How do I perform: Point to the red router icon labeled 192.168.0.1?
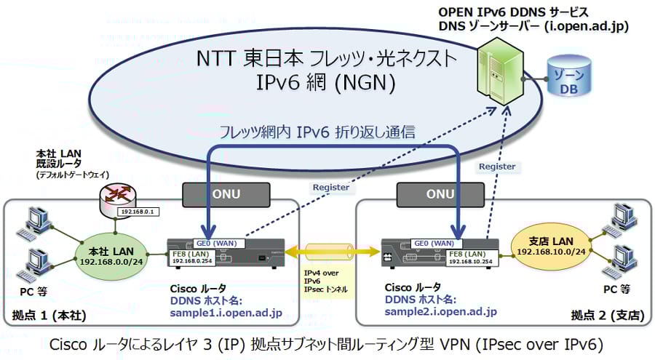point(118,198)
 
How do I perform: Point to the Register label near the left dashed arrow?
point(332,187)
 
